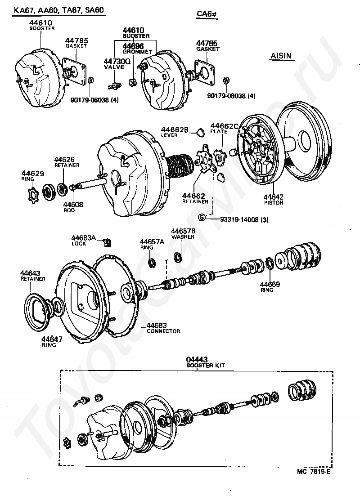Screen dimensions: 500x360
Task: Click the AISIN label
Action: click(281, 56)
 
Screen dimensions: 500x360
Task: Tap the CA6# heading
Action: click(207, 14)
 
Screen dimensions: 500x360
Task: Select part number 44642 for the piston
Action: click(274, 196)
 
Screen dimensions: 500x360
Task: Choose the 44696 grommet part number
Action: click(134, 46)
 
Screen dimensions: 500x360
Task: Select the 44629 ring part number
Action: click(31, 173)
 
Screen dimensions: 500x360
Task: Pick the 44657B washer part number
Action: click(183, 231)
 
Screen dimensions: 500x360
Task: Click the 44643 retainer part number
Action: click(30, 273)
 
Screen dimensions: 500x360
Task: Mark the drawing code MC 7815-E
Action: click(313, 472)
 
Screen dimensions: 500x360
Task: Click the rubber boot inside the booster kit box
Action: click(302, 388)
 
